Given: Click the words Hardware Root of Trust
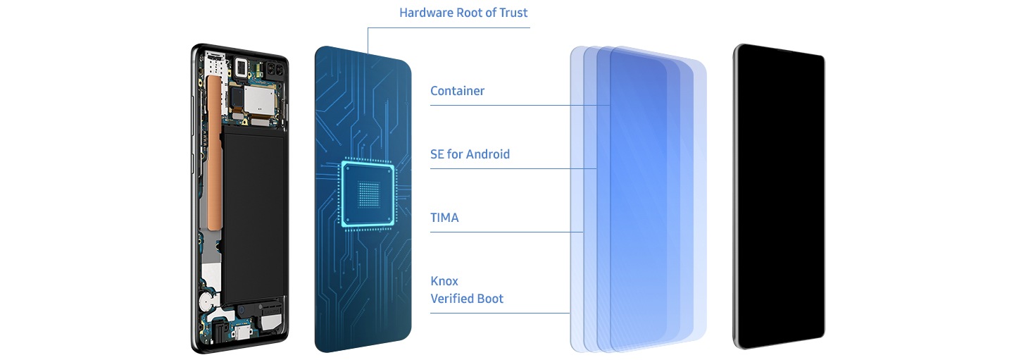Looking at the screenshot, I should point(463,13).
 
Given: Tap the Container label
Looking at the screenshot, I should point(457,91).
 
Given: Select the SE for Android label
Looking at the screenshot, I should point(470,154).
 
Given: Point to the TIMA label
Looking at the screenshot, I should point(444,218).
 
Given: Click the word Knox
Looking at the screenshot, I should point(444,281).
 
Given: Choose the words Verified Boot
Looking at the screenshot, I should point(467,299).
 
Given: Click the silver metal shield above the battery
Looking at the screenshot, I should point(266,102).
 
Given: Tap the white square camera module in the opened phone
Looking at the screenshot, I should point(242,68).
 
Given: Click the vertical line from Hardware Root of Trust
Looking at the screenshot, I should point(368,40).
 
